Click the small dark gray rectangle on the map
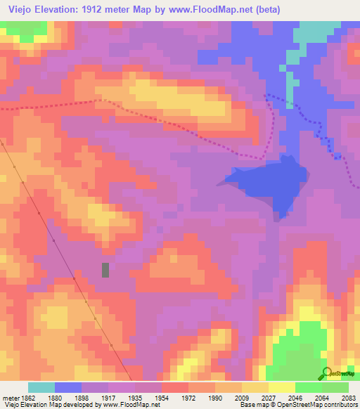point(106,270)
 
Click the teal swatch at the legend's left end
point(41,387)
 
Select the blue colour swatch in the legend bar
point(68,387)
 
